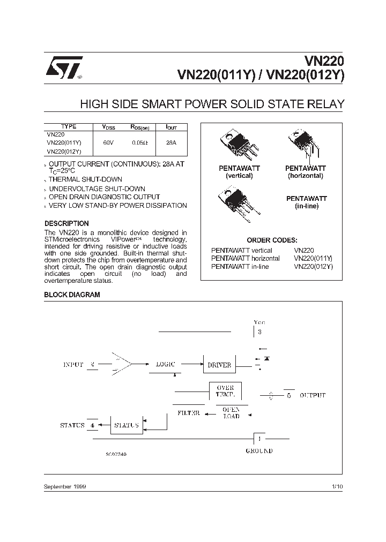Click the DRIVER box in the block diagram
[x=219, y=365]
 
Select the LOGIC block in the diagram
[x=165, y=364]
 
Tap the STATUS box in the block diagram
[x=127, y=425]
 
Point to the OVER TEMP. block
[x=225, y=391]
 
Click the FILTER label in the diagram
[x=188, y=413]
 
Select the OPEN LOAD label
[x=231, y=412]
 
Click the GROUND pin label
[x=259, y=451]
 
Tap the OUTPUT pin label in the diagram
[x=313, y=395]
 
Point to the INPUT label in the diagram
[x=73, y=364]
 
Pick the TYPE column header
[x=69, y=127]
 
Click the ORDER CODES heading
[x=272, y=240]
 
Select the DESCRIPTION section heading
[x=66, y=223]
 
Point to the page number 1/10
[x=337, y=486]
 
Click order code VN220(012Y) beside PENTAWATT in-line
[x=314, y=266]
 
